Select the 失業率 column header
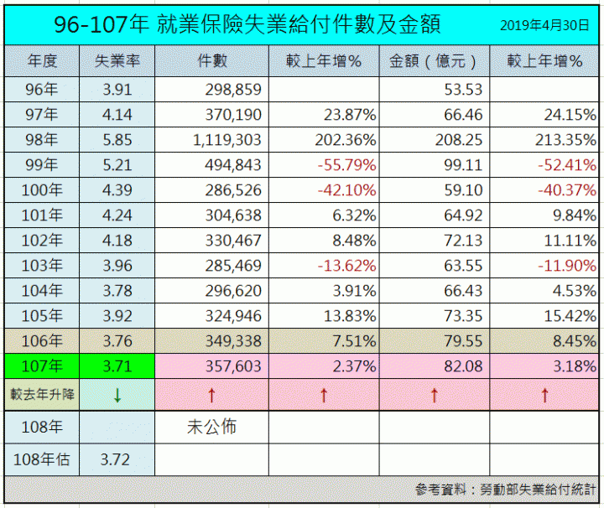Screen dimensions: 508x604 click(117, 62)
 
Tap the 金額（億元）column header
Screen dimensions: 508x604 click(435, 62)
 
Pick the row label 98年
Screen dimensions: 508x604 click(42, 140)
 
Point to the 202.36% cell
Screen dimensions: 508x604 click(341, 140)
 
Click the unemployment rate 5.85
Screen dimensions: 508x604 click(117, 140)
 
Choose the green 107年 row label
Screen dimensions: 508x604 click(42, 366)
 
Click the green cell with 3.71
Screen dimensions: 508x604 click(117, 366)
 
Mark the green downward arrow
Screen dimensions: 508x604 click(117, 394)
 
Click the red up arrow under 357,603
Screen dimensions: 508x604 click(211, 394)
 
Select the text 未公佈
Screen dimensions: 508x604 click(211, 427)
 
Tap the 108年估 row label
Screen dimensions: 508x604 click(42, 459)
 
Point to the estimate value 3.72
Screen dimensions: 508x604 click(117, 459)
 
